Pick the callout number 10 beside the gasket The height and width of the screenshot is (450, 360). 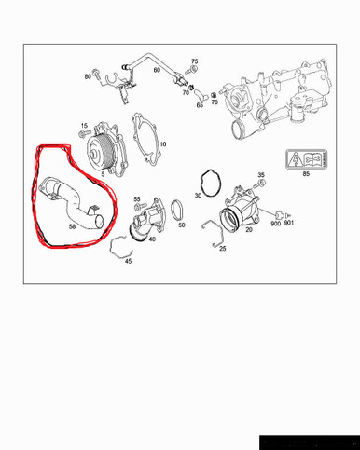coord(162,144)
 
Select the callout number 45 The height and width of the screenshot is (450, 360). coord(128,262)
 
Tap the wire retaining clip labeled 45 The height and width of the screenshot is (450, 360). coord(121,248)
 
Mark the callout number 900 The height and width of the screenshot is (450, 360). coord(275,224)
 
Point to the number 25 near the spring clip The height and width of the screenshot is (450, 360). coord(222,250)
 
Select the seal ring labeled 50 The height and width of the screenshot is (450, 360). coord(176,210)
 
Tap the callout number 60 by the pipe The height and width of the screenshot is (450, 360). coord(157,70)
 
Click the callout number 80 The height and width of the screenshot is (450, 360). coord(88,76)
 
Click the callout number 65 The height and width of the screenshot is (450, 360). coord(200,105)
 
